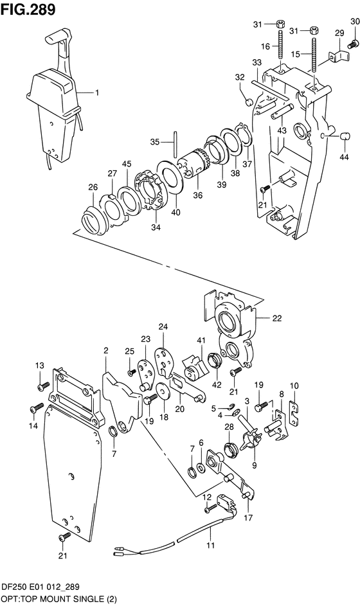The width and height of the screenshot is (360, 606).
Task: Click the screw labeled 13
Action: point(42,386)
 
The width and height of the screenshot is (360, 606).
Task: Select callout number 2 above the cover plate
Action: point(105,350)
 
